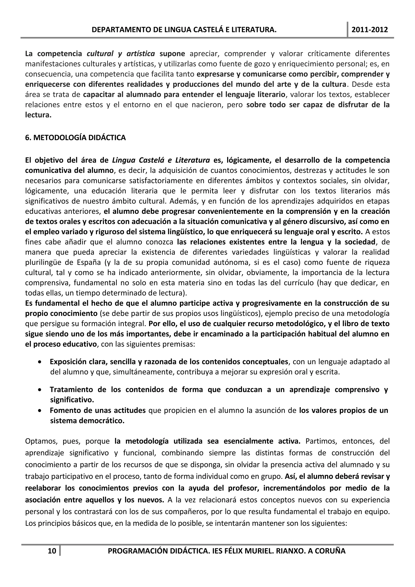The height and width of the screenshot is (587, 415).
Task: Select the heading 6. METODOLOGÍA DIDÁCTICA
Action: point(75,138)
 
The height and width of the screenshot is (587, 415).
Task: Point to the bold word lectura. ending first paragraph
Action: point(38,115)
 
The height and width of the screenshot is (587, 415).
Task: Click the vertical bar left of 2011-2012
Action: point(348,30)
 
